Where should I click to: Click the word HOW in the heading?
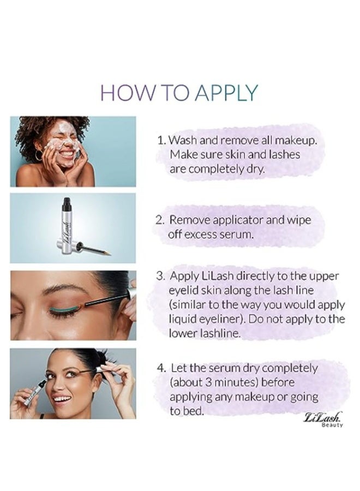point(125,93)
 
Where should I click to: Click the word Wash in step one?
point(182,140)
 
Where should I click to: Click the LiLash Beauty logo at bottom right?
point(323,420)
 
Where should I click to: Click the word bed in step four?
point(192,411)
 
